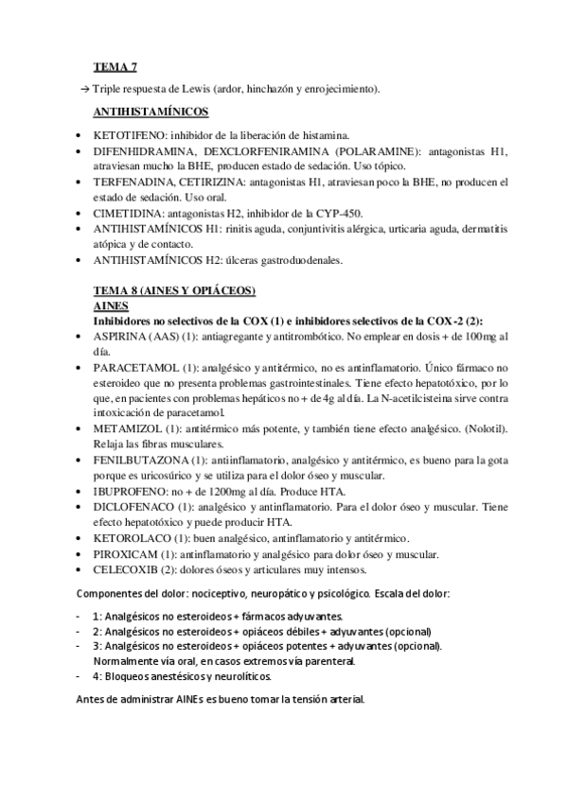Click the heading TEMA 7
click(115, 66)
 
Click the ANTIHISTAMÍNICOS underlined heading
click(151, 112)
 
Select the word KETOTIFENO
click(122, 134)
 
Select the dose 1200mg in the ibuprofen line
click(232, 490)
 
